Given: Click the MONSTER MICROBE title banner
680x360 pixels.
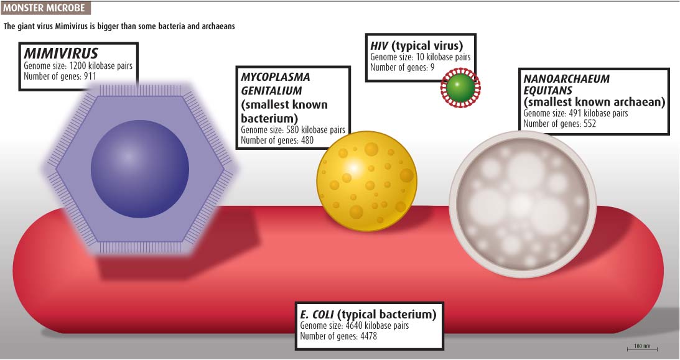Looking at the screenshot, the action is click(x=45, y=8).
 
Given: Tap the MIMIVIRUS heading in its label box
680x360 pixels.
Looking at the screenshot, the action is click(x=61, y=53).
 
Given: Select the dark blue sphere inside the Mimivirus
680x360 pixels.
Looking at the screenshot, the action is click(x=139, y=168).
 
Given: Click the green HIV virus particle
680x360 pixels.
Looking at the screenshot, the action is click(x=460, y=88).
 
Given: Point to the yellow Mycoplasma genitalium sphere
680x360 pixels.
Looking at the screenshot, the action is click(x=367, y=181).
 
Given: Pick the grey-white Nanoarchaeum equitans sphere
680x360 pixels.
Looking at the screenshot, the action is click(x=523, y=203).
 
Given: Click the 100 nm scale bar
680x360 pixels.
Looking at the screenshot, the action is click(x=642, y=348).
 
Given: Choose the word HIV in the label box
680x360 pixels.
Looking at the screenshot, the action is click(x=380, y=45).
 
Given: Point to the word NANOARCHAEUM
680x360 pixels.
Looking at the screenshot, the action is click(x=566, y=79).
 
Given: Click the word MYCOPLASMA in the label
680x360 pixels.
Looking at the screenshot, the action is click(x=276, y=77).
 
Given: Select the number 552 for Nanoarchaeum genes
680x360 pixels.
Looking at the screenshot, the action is click(x=589, y=124).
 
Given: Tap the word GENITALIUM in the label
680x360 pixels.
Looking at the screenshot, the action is click(x=271, y=91).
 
